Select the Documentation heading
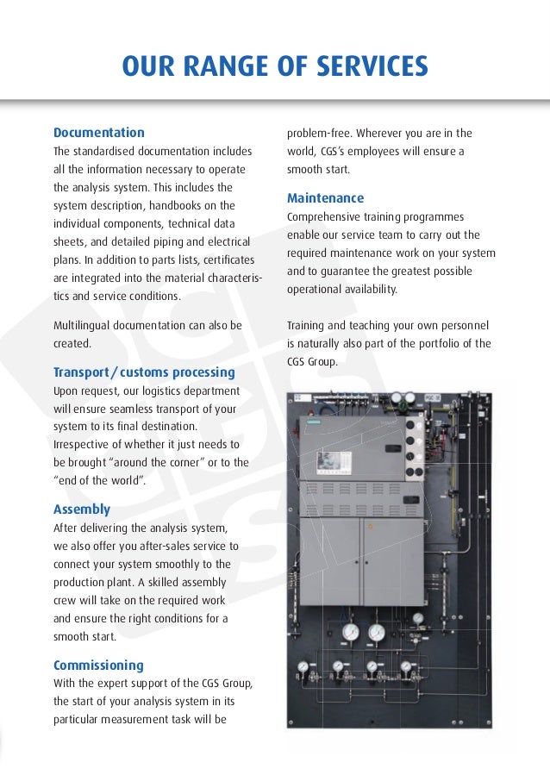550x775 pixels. (x=99, y=133)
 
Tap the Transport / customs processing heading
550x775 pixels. (x=144, y=372)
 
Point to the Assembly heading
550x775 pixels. (x=82, y=509)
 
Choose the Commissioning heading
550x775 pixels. (x=98, y=666)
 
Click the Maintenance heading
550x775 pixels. (x=325, y=198)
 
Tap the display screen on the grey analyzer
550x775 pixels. (x=329, y=461)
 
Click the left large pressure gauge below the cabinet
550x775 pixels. (x=351, y=632)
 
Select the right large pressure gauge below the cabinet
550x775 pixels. (x=378, y=632)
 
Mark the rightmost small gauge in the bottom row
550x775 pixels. (x=405, y=666)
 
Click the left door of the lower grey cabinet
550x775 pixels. (x=329, y=560)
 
